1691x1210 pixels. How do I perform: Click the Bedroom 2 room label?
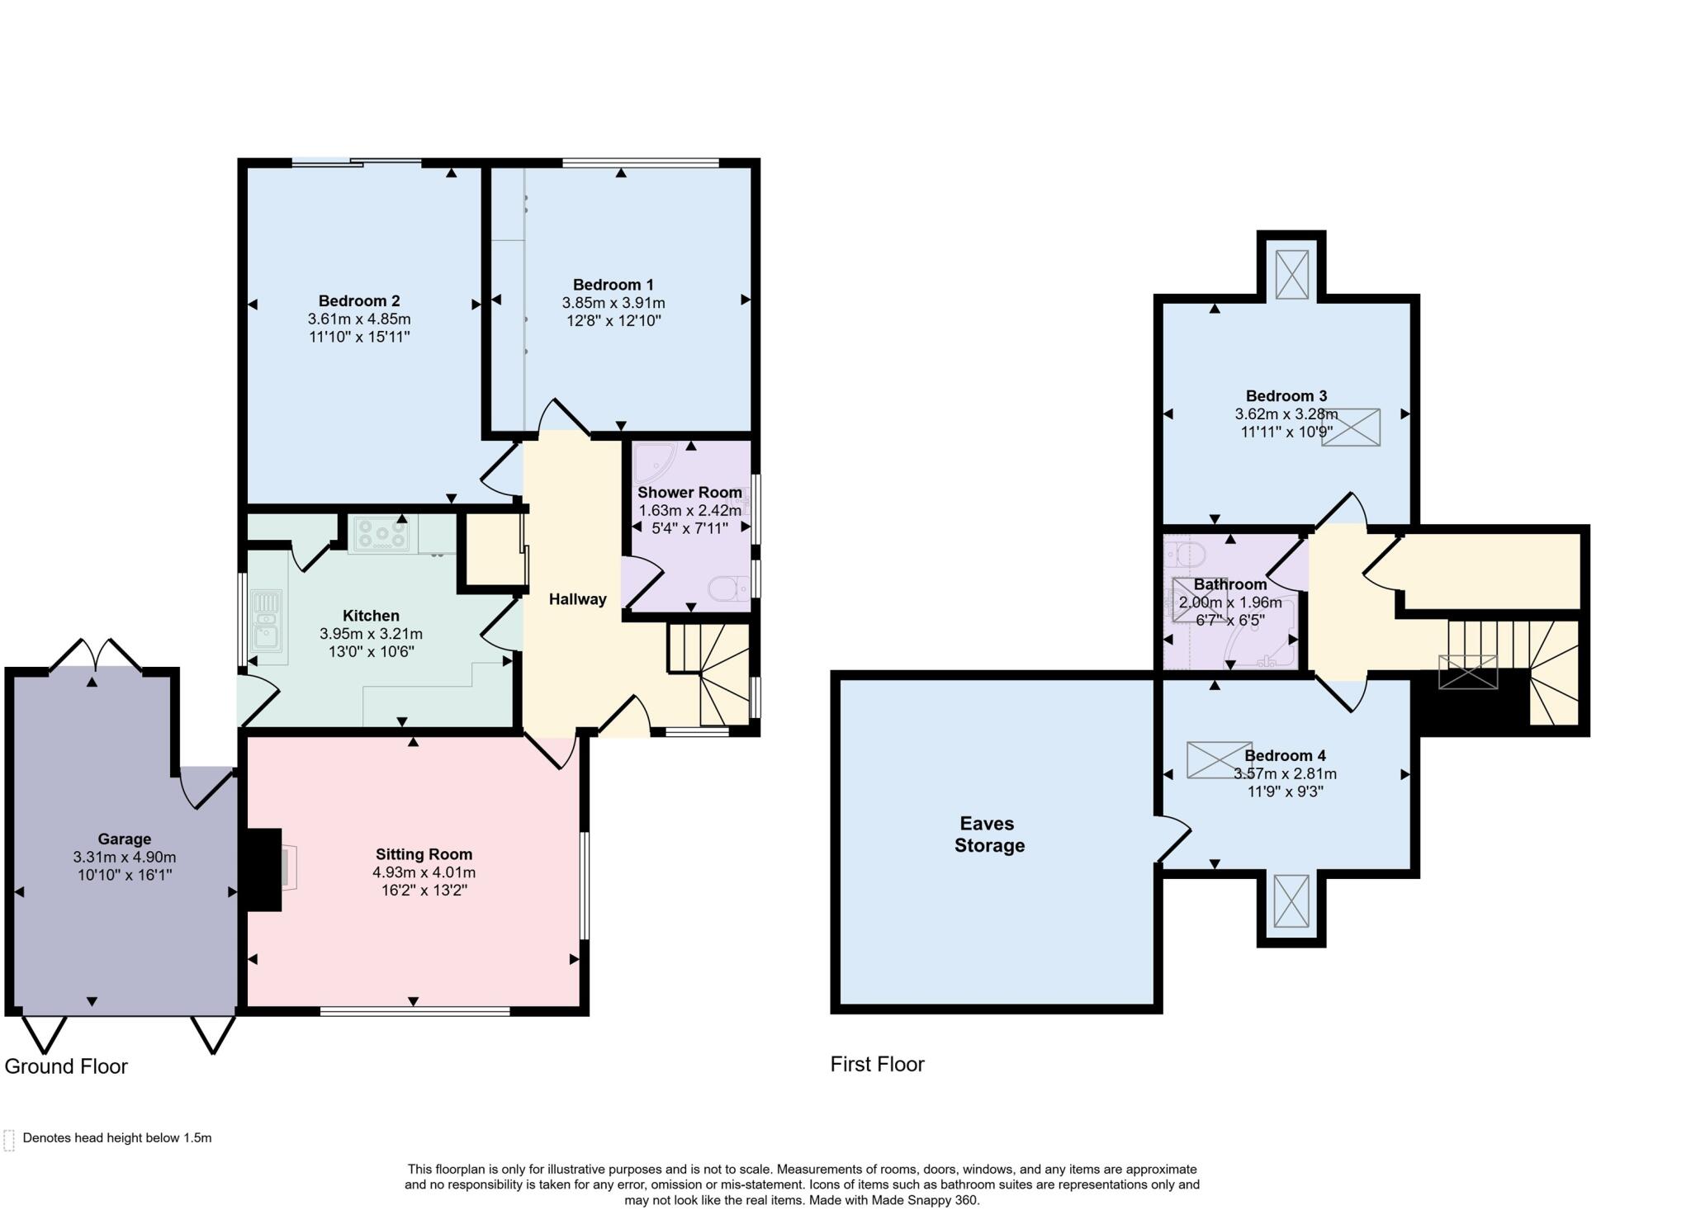pyautogui.click(x=359, y=300)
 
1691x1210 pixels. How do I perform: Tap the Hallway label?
pyautogui.click(x=577, y=599)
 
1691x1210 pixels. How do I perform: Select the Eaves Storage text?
pyautogui.click(x=988, y=834)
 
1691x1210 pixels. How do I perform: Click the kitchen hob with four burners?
pyautogui.click(x=381, y=535)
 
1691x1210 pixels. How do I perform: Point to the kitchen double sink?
pyautogui.click(x=266, y=626)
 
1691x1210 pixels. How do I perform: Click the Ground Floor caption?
pyautogui.click(x=66, y=1066)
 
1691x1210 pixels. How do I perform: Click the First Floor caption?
pyautogui.click(x=877, y=1064)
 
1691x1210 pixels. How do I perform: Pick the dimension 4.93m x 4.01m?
pyautogui.click(x=424, y=872)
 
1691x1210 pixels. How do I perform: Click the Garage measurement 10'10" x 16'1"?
pyautogui.click(x=125, y=875)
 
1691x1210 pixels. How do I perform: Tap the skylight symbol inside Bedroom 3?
pyautogui.click(x=1351, y=428)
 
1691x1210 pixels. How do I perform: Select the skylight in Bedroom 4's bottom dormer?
pyautogui.click(x=1291, y=901)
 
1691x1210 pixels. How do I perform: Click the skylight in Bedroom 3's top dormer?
pyautogui.click(x=1291, y=274)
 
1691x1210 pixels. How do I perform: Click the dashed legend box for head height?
pyautogui.click(x=9, y=1139)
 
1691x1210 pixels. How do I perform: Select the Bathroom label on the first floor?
pyautogui.click(x=1229, y=584)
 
